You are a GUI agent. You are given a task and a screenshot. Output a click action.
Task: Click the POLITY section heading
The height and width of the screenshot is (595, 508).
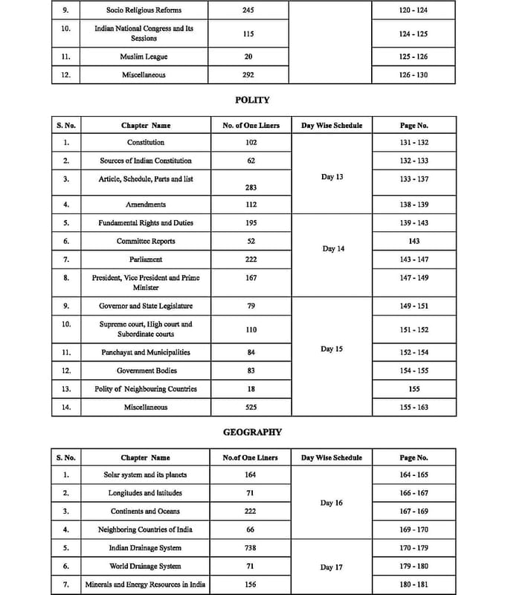[x=252, y=100]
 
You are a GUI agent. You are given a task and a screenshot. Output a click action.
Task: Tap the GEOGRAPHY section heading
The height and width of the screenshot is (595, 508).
[x=252, y=431]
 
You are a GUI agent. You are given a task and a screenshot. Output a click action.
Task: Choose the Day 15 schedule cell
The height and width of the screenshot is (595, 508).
[x=332, y=349]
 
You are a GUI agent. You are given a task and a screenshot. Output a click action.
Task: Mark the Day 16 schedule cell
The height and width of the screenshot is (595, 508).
[x=332, y=503]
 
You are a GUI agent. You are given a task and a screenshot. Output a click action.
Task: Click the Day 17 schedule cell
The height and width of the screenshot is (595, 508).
[x=332, y=567]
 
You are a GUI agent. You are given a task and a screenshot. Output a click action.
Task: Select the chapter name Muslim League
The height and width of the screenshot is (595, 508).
[x=144, y=57]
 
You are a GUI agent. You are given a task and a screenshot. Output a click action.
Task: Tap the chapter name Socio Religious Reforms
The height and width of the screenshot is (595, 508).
[x=144, y=10]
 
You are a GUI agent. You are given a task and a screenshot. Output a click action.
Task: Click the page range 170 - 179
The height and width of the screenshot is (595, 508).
[x=414, y=548]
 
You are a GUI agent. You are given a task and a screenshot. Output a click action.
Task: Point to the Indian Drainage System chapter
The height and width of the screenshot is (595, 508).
[x=145, y=548]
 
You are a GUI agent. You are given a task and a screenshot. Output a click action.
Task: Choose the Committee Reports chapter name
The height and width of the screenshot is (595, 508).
[x=146, y=241]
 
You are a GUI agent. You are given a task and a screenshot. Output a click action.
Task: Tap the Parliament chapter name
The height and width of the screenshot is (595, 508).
[x=146, y=260]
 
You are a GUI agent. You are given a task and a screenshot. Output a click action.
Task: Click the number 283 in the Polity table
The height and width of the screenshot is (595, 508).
[x=250, y=187]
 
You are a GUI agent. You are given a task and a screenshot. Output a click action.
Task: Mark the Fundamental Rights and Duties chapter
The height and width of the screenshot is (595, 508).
[x=146, y=223]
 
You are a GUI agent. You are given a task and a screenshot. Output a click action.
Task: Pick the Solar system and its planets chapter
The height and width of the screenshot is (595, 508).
[x=145, y=475]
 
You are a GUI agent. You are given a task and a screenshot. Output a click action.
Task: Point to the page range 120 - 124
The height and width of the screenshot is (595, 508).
[x=414, y=10]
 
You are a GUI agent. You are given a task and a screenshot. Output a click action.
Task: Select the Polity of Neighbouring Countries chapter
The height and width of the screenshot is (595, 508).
[x=146, y=389]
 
